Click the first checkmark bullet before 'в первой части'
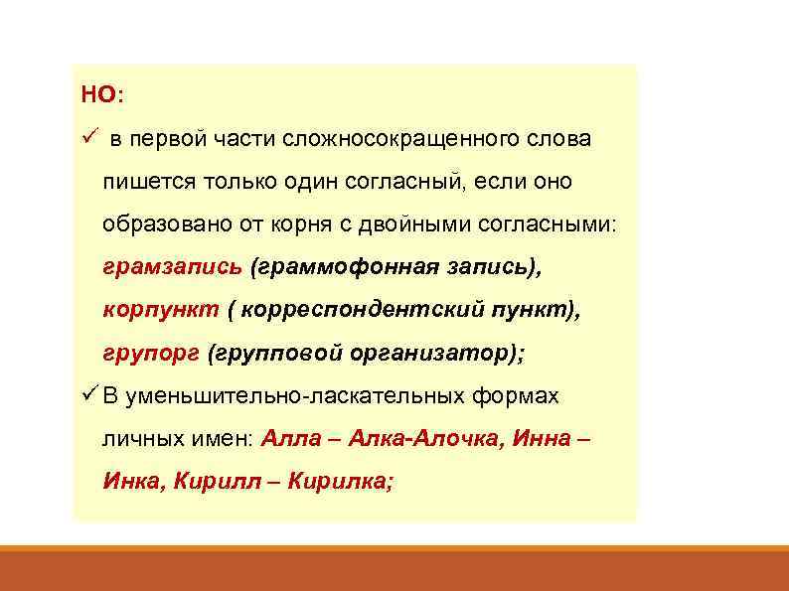tap(88, 139)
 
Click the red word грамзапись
tap(172, 267)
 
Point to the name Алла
tap(294, 438)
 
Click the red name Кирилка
tap(341, 482)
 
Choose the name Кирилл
tap(225, 482)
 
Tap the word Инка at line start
tap(133, 482)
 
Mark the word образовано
tap(165, 225)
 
